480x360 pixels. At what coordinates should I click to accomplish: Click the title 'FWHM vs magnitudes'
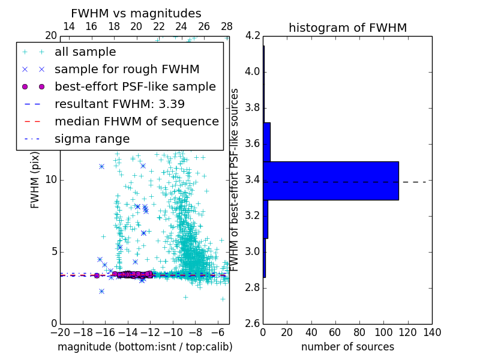tap(136, 14)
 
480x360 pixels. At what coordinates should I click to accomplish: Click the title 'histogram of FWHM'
tap(347, 28)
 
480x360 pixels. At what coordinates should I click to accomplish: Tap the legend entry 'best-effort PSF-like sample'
tap(135, 86)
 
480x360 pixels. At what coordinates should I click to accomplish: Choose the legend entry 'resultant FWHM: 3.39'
tap(119, 104)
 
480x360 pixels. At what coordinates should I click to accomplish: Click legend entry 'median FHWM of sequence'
tap(136, 121)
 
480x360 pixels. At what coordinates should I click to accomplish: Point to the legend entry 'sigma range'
tap(92, 139)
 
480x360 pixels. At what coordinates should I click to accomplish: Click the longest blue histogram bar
tap(331, 181)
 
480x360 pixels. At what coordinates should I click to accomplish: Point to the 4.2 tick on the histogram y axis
tap(252, 36)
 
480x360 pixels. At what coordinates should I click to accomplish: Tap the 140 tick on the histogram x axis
tap(431, 332)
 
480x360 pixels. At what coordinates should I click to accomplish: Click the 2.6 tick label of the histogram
tap(252, 323)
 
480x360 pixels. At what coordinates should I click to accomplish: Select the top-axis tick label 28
tap(227, 26)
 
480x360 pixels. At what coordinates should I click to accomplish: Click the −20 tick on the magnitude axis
tap(60, 332)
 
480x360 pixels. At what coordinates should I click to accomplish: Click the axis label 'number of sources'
tap(347, 347)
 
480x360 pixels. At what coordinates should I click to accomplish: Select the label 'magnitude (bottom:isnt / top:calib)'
tap(145, 347)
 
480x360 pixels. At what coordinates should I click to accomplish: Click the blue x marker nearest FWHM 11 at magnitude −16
tap(101, 166)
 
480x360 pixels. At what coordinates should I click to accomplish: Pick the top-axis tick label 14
tap(69, 26)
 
